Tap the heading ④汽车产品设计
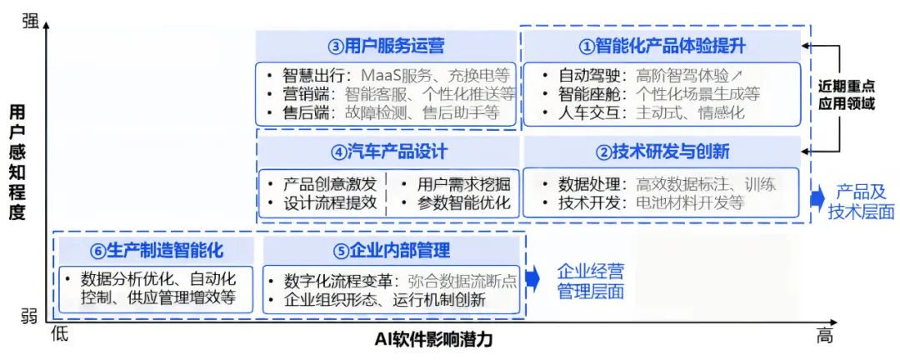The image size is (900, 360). (x=388, y=152)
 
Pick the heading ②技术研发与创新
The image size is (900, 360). (x=662, y=152)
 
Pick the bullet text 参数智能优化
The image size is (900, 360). (x=463, y=202)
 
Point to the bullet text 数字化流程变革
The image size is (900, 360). (x=338, y=281)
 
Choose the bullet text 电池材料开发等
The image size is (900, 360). (x=689, y=202)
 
